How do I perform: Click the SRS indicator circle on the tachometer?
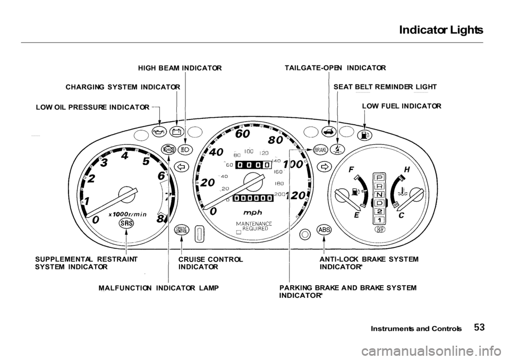pos(126,224)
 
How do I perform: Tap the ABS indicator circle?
pos(324,229)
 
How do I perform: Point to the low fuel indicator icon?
pos(364,135)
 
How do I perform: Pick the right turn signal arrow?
pos(322,166)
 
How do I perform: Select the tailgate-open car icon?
pos(329,132)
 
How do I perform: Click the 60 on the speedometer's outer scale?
pos(243,134)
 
